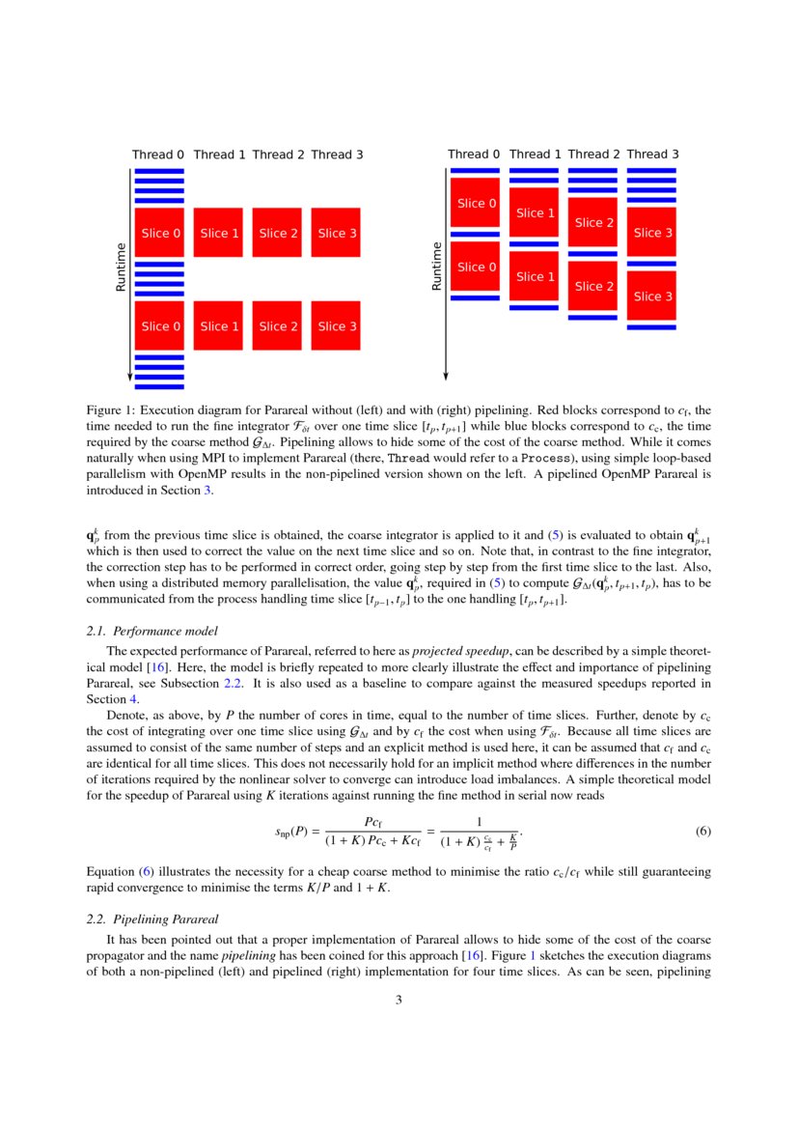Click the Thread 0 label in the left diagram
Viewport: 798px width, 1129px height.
point(158,155)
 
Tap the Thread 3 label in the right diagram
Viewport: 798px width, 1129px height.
point(652,155)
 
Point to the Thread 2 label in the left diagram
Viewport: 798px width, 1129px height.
point(278,155)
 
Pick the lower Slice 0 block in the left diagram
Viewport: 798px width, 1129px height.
point(159,326)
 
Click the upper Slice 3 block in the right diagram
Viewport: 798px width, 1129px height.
point(651,233)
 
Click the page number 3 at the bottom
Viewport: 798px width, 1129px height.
point(399,1000)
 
